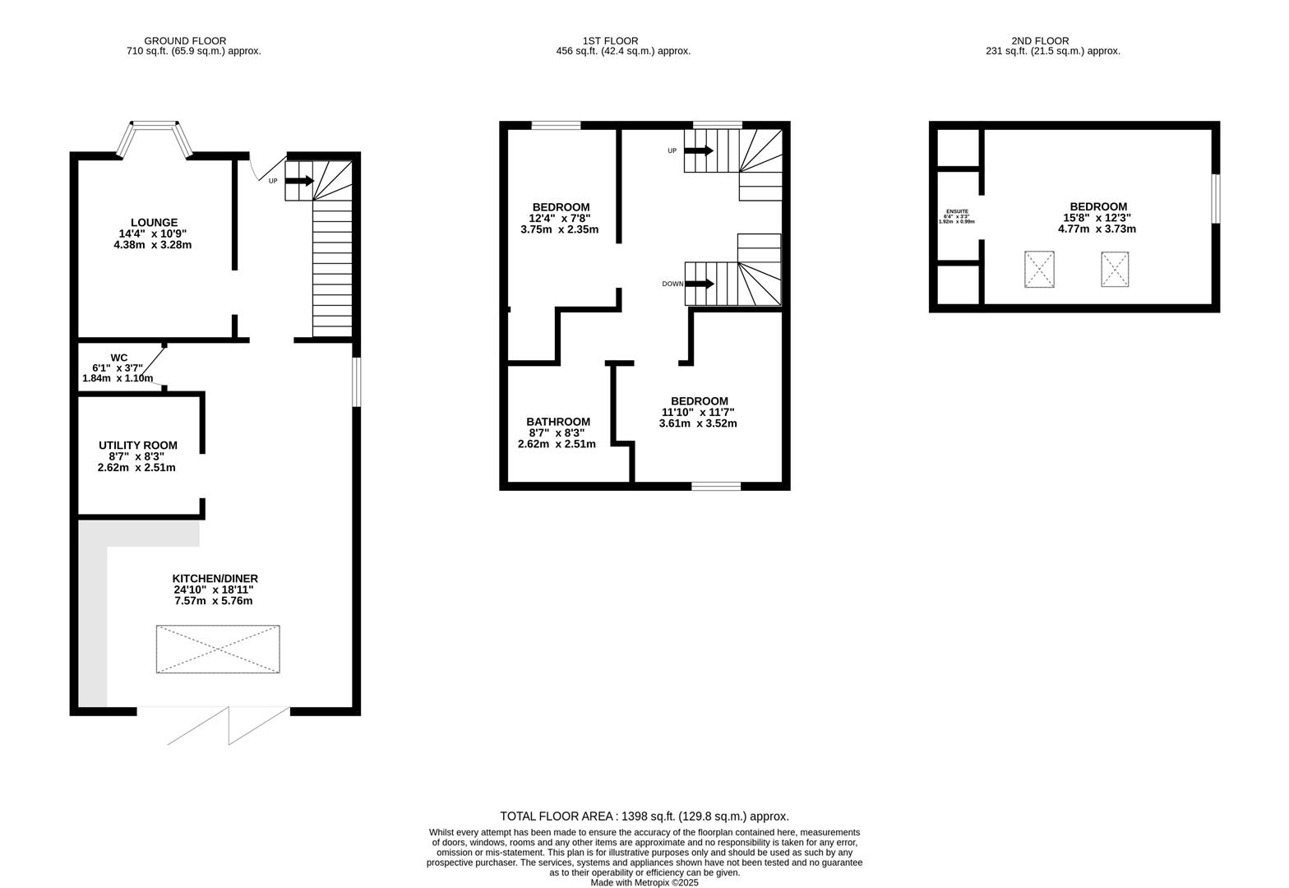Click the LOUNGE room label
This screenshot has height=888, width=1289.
154,223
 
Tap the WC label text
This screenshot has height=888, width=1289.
119,358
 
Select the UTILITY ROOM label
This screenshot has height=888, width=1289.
137,446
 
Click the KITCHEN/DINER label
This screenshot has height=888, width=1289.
215,579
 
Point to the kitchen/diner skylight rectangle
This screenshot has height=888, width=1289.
218,650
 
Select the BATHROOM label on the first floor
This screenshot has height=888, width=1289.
558,422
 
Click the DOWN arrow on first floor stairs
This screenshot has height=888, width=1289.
699,284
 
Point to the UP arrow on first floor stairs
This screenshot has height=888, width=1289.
699,151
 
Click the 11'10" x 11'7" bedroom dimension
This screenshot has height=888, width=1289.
698,413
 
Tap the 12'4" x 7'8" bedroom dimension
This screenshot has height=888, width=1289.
560,218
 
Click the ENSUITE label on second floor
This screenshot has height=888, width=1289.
957,211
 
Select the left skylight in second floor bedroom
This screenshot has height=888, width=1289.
1039,270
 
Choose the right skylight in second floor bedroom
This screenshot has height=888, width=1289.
1115,269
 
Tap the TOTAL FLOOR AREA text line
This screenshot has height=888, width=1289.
644,816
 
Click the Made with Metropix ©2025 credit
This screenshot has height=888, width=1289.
644,882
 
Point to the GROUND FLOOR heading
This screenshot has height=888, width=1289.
185,40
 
